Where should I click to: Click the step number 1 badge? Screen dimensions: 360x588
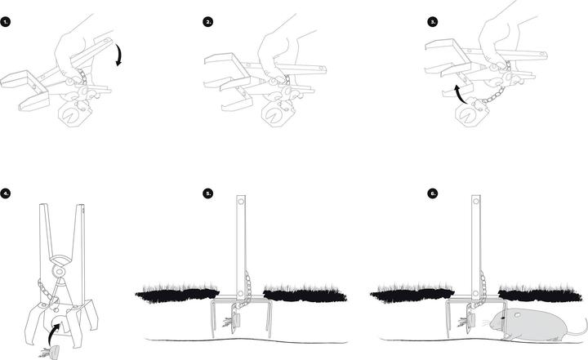point(7,22)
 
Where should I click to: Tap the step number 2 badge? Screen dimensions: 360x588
point(208,22)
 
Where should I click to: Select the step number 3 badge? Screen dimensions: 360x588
point(433,22)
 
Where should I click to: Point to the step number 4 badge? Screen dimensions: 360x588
point(7,193)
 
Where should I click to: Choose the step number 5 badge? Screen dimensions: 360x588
point(208,193)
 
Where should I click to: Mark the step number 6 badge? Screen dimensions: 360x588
point(433,193)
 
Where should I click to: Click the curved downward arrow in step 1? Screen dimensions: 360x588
point(120,56)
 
